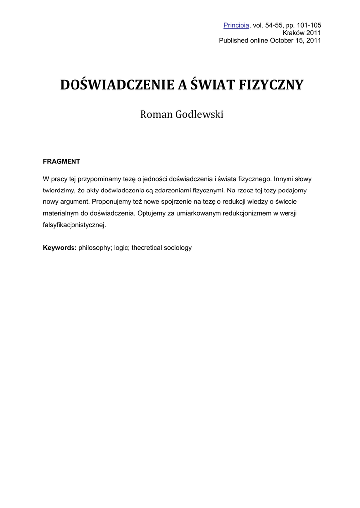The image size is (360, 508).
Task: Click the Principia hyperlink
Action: click(x=236, y=25)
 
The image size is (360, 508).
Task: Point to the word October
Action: click(x=282, y=40)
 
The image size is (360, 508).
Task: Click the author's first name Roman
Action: click(x=156, y=115)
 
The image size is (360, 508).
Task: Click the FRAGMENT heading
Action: click(x=62, y=161)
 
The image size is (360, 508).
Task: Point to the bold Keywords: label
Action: click(x=60, y=247)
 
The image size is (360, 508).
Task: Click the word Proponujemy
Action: click(x=114, y=201)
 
